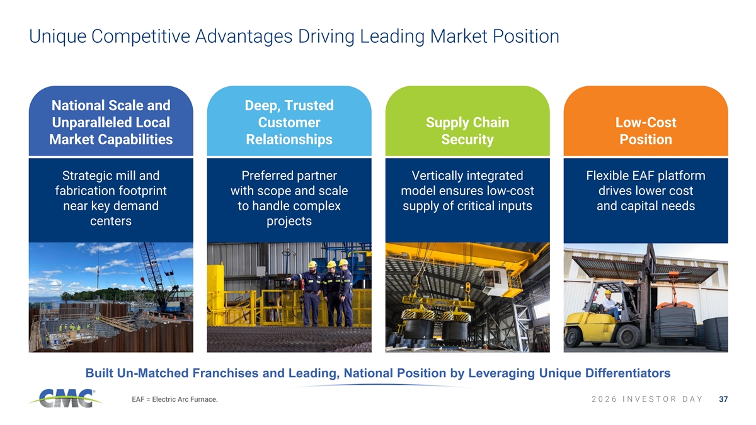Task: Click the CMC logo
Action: point(66,398)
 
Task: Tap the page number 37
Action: point(723,399)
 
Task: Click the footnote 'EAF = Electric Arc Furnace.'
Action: point(175,399)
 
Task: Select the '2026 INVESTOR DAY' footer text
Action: point(647,399)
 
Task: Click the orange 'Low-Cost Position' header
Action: point(646,131)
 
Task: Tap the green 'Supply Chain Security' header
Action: point(467,131)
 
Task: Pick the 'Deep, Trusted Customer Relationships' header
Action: point(289,122)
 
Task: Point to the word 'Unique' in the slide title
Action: point(58,37)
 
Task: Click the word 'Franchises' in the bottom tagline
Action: point(222,373)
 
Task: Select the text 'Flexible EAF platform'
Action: point(646,176)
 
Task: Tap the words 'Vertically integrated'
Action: point(467,176)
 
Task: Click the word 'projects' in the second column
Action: point(289,221)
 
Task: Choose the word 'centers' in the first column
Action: point(111,221)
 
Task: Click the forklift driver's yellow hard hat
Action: point(608,292)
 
